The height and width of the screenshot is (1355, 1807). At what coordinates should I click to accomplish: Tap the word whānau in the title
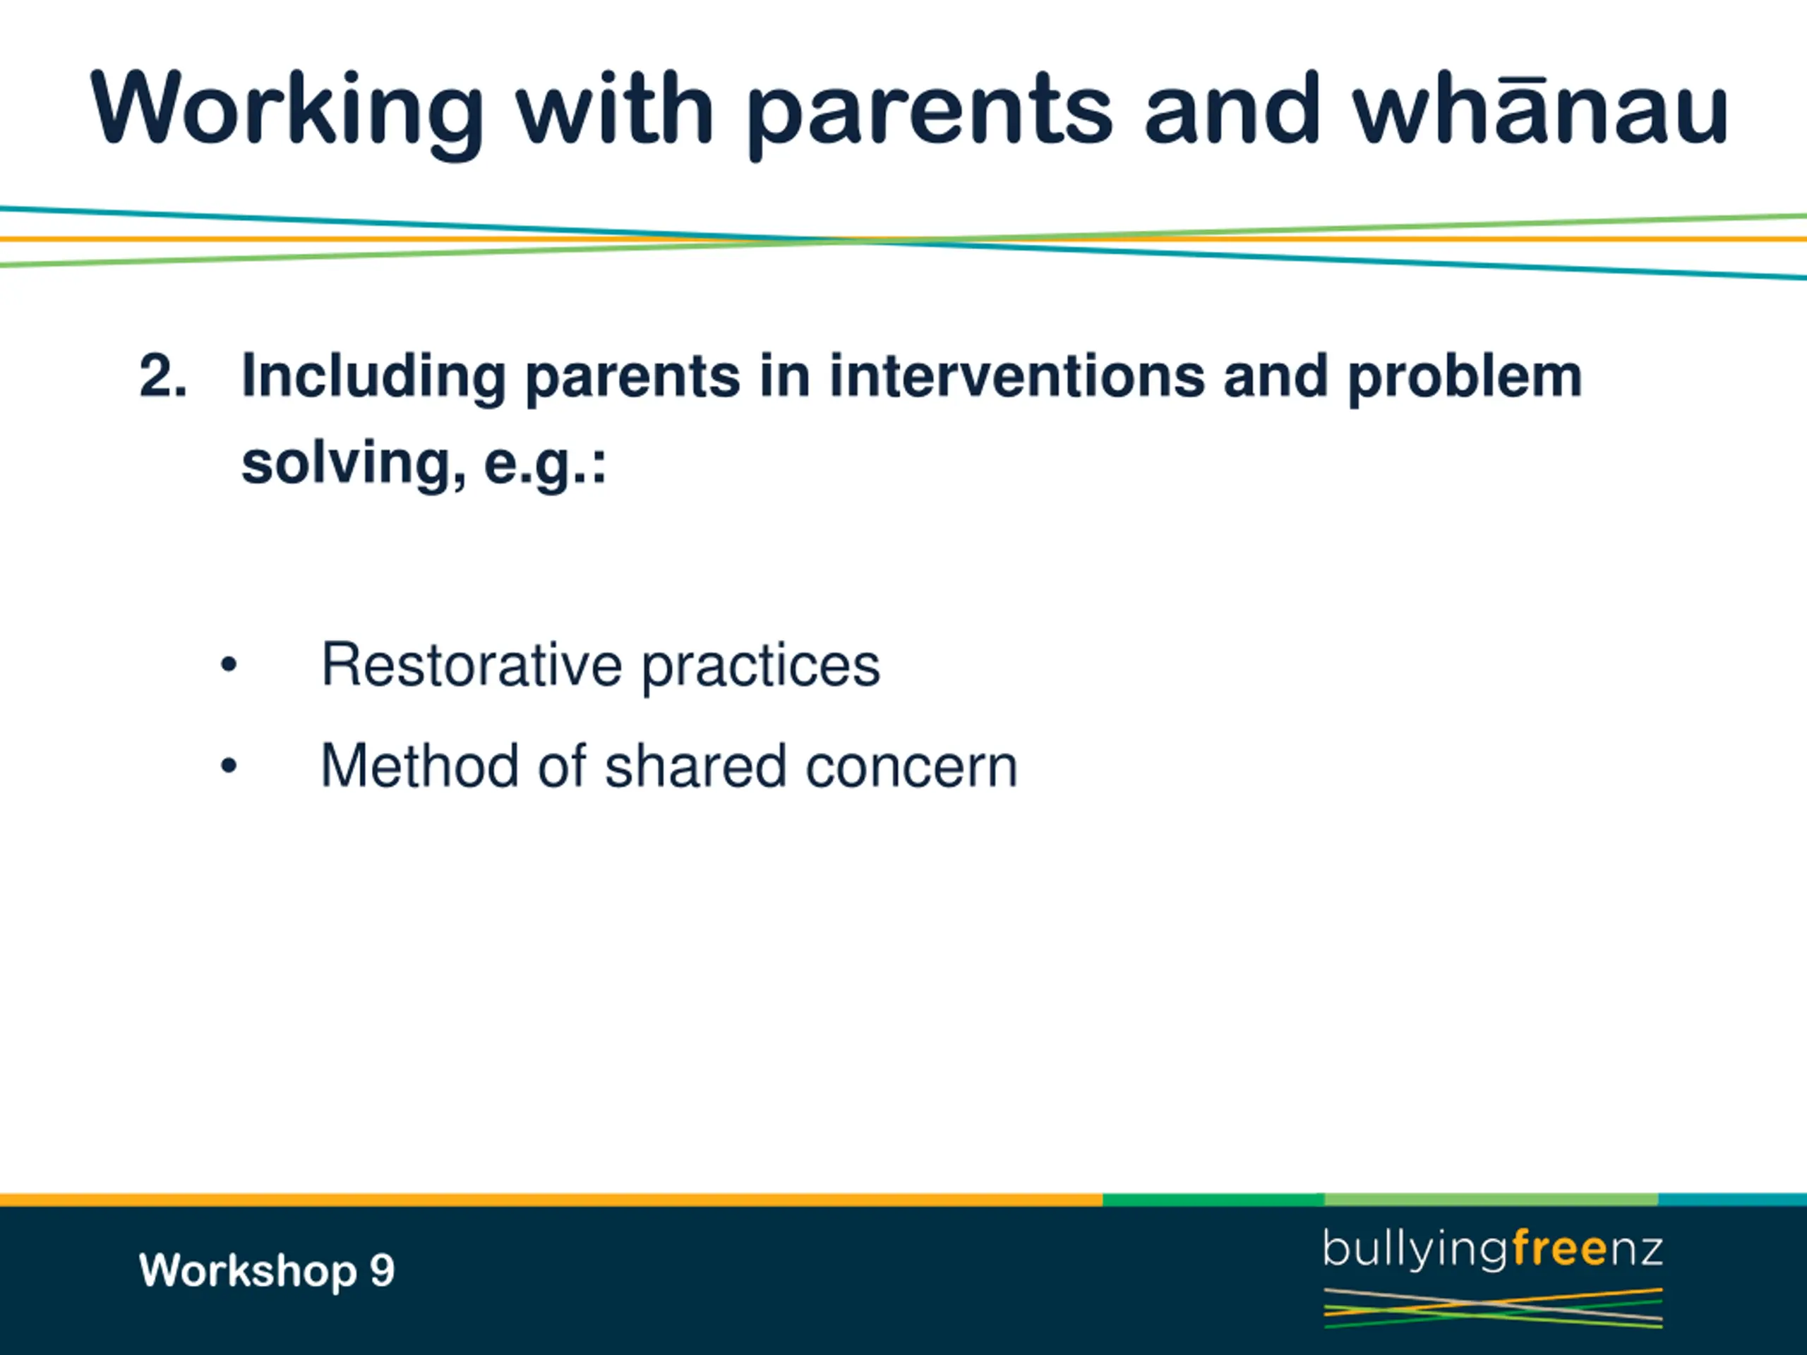tap(1541, 109)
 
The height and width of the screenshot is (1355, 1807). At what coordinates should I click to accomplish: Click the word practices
tap(760, 669)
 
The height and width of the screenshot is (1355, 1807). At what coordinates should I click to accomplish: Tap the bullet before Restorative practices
tap(229, 665)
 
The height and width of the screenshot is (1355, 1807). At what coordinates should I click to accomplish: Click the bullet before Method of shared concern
tap(229, 766)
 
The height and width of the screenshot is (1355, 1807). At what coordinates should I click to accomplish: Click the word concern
tap(912, 769)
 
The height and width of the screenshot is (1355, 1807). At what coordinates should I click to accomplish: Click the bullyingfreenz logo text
tap(1492, 1251)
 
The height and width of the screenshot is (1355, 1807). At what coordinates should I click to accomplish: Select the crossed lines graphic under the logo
tap(1492, 1308)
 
